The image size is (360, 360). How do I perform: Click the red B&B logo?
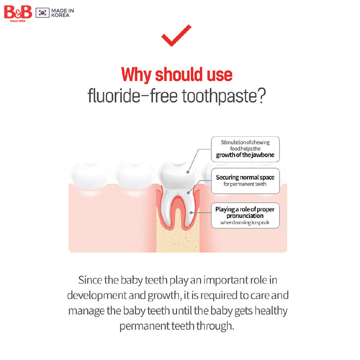(18, 12)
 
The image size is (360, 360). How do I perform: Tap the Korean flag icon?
(42, 12)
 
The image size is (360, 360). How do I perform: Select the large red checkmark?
(176, 35)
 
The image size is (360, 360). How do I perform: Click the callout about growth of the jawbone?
(245, 149)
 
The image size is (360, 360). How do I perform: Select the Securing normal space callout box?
(245, 180)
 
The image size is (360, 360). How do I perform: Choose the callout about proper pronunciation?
(245, 216)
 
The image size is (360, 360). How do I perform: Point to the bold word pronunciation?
(245, 216)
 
